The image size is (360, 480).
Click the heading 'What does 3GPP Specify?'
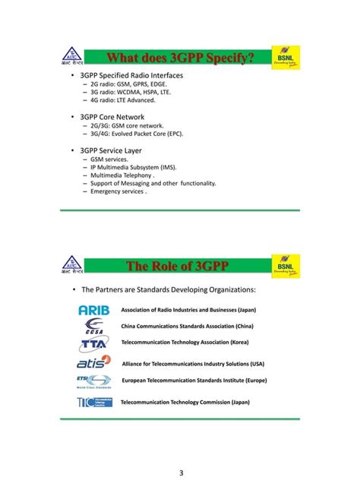coord(179,58)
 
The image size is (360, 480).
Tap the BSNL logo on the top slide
coord(286,58)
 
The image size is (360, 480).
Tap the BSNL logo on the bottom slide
coord(286,264)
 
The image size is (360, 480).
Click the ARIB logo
coord(94,310)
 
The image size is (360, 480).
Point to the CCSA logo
coord(94,326)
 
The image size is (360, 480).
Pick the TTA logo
coord(94,343)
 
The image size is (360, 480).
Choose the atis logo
coord(94,362)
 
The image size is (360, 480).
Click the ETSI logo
coord(93,381)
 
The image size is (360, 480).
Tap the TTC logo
coord(94,402)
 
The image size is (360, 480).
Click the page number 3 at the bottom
coord(181,473)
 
